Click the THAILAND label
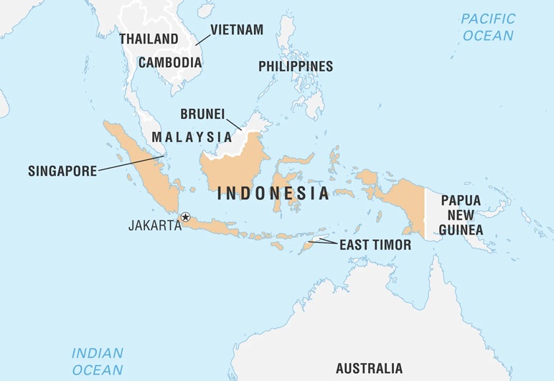(149, 39)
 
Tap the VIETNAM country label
(237, 30)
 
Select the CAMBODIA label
(170, 62)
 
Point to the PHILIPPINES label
(296, 67)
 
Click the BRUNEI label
(203, 114)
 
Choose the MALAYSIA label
(191, 136)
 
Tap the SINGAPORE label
(61, 171)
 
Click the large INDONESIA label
(273, 193)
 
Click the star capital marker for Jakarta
(185, 217)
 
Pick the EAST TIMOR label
(375, 245)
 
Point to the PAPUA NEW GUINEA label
(461, 215)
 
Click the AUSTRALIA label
(369, 369)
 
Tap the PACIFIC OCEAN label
(487, 27)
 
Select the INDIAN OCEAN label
(97, 361)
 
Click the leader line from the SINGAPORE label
(129, 163)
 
